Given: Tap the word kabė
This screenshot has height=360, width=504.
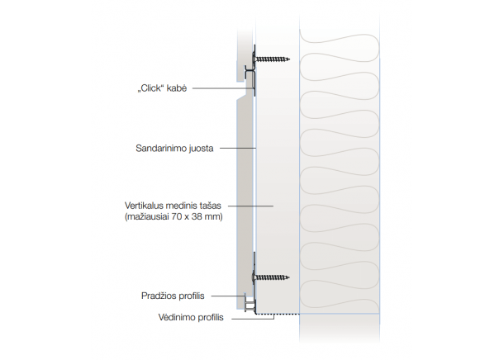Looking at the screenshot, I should coord(177,88).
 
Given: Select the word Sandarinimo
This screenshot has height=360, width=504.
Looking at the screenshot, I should coord(162,149).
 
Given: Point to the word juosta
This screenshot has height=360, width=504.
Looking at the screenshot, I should coord(202,149).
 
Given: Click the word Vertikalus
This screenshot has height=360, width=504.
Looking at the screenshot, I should coord(145,206).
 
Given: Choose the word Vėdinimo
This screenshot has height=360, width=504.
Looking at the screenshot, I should coord(174,316).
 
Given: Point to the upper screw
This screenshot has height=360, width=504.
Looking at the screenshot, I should coord(273,59).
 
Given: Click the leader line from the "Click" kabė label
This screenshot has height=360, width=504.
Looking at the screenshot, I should coord(223,88).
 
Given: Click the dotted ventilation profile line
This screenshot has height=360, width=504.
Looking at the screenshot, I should coord(277,314).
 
